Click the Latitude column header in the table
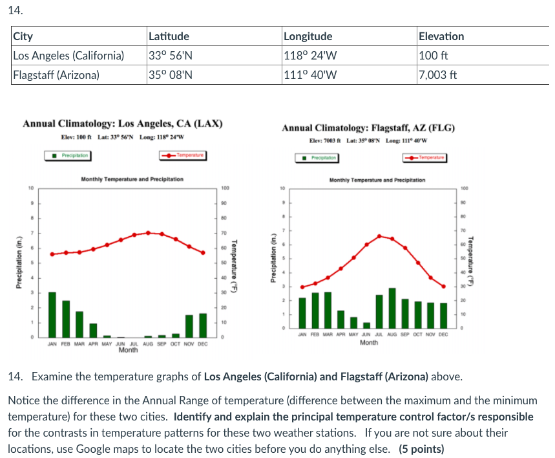coord(169,36)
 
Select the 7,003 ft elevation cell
coord(438,74)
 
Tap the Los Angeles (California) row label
coord(68,55)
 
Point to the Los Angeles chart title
coord(123,124)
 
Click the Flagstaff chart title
coord(368,128)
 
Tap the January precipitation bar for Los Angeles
coord(52,315)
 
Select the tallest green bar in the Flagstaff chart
coord(392,308)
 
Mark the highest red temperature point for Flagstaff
coord(380,236)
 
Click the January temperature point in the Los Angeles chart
coord(52,254)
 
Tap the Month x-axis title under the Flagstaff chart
coord(368,342)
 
